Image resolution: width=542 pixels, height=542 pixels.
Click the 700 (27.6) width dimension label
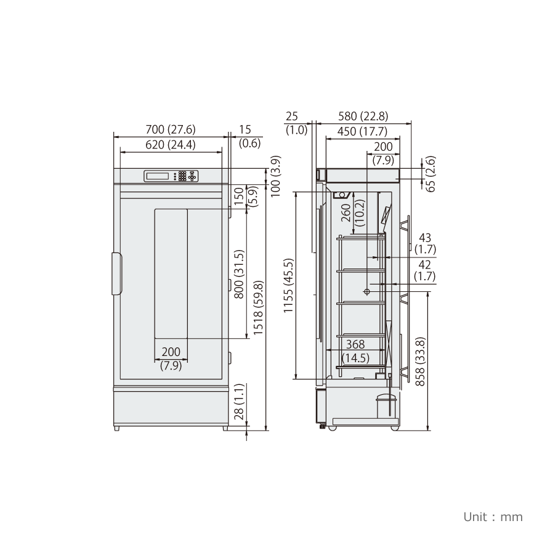coord(171,129)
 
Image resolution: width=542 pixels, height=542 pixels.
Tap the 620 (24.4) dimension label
coord(171,145)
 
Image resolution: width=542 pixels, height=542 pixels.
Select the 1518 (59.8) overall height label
coord(259,307)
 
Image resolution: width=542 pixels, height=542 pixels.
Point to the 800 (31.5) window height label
coord(239,274)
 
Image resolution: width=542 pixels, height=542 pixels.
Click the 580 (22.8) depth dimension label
coord(363,116)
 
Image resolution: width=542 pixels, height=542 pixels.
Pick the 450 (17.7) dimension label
coord(362,131)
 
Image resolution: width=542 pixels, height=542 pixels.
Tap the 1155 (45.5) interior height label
coord(288,286)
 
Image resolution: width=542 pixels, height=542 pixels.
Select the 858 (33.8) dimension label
coord(420,362)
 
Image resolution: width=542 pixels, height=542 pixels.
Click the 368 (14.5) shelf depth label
coord(355,351)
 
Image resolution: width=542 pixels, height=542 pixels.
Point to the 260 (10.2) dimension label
coord(353,213)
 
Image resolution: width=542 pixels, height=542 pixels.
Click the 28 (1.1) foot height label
coord(239,402)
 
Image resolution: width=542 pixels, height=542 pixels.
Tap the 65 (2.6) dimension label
coord(431,174)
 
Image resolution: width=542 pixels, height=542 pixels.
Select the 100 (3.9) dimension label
coord(275,176)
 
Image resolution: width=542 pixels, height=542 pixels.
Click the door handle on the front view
coord(117,273)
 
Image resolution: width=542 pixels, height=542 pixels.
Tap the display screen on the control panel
coord(157,176)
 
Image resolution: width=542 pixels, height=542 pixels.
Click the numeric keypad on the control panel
coord(182,176)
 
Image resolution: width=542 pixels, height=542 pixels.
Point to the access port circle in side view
coord(366,292)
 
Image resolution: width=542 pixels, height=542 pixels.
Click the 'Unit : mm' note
coord(493,517)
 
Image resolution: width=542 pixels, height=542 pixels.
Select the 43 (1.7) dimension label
coord(425,243)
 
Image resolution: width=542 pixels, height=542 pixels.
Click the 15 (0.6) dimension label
coord(249,136)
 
